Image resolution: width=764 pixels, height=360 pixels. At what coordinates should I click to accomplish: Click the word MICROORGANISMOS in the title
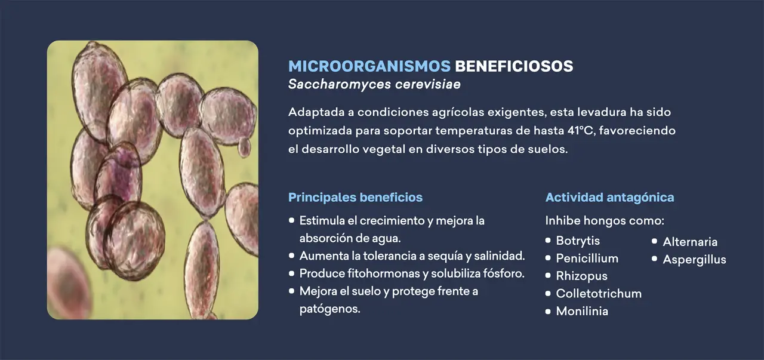pyautogui.click(x=369, y=66)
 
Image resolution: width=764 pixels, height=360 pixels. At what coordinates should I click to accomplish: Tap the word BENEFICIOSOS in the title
pyautogui.click(x=514, y=66)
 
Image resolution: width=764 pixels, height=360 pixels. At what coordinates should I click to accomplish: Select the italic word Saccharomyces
pyautogui.click(x=338, y=84)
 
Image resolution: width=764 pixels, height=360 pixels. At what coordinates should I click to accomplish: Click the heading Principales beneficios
pyautogui.click(x=355, y=197)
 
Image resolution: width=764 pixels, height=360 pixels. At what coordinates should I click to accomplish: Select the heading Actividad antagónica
pyautogui.click(x=609, y=197)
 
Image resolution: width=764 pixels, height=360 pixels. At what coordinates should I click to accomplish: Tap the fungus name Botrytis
pyautogui.click(x=578, y=241)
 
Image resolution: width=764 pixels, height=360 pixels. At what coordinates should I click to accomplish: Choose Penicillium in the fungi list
pyautogui.click(x=587, y=259)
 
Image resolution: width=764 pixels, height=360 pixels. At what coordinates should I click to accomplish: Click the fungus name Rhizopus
pyautogui.click(x=581, y=276)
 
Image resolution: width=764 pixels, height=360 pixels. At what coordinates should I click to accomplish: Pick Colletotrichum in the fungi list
pyautogui.click(x=599, y=293)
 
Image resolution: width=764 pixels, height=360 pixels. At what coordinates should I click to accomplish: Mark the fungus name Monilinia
pyautogui.click(x=582, y=311)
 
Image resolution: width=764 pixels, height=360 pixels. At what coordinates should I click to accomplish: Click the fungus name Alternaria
pyautogui.click(x=690, y=242)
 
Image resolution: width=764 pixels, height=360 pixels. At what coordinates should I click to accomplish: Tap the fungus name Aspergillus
pyautogui.click(x=694, y=259)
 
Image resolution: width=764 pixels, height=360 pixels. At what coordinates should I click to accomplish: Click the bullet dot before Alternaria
pyautogui.click(x=654, y=242)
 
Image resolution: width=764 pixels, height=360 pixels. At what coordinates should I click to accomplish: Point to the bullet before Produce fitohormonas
pyautogui.click(x=292, y=273)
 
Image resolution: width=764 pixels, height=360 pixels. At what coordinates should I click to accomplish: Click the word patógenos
pyautogui.click(x=329, y=309)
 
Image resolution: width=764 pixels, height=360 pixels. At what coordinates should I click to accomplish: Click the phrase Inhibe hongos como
pyautogui.click(x=604, y=220)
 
